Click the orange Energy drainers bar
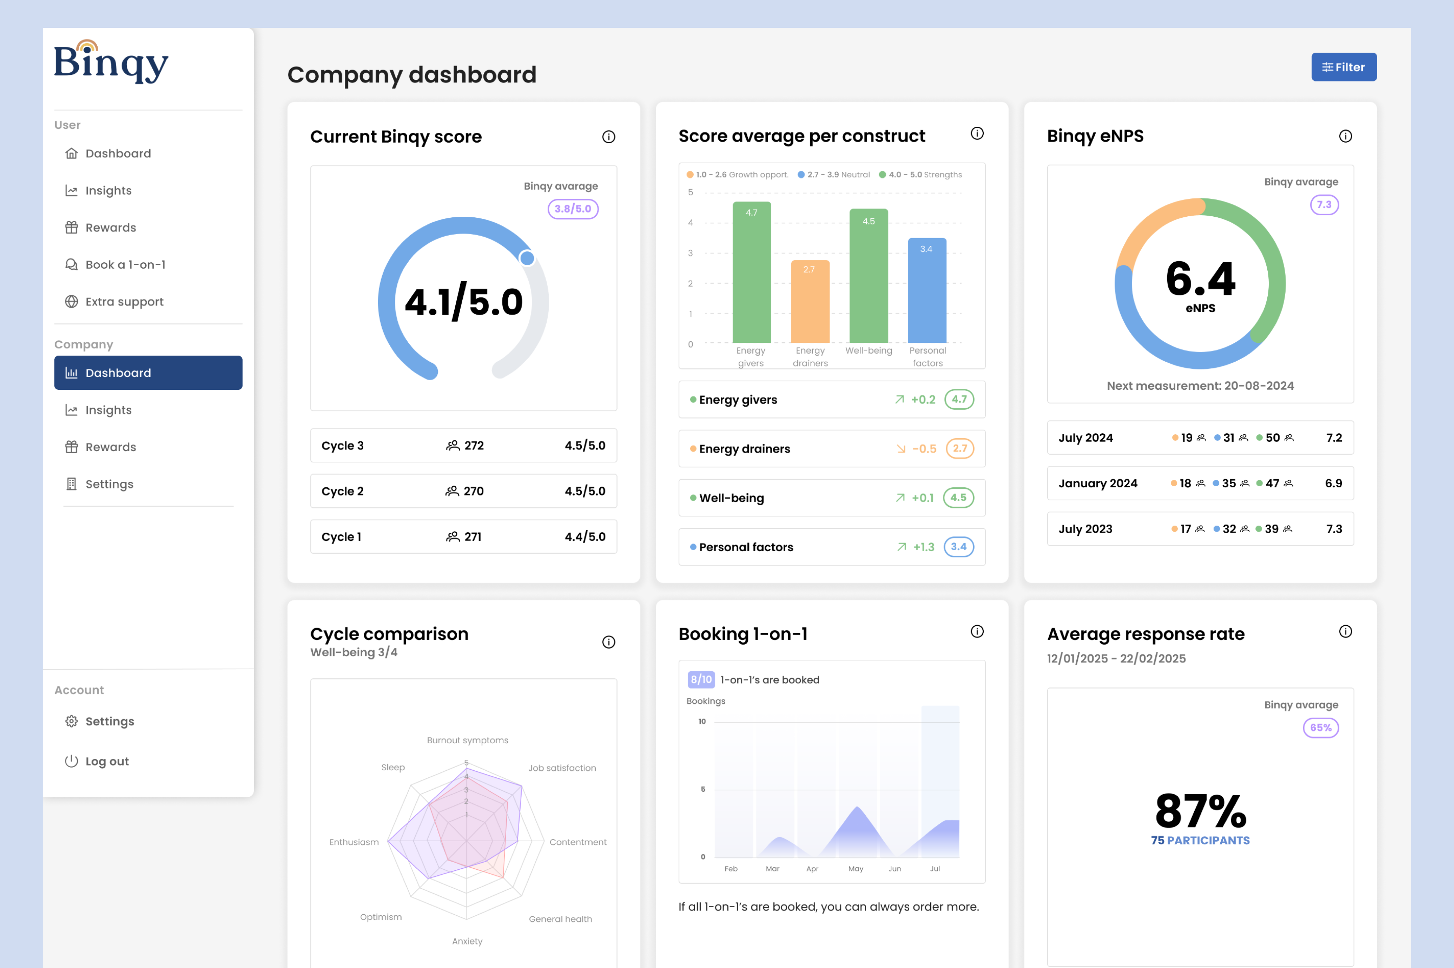click(x=809, y=302)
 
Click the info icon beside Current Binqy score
click(x=608, y=137)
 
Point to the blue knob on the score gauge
click(x=527, y=258)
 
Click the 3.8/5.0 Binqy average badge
click(x=572, y=209)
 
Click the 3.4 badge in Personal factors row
click(x=958, y=547)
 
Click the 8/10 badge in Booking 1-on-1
click(x=701, y=680)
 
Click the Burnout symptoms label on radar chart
click(x=467, y=740)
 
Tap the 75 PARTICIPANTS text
click(x=1200, y=840)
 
